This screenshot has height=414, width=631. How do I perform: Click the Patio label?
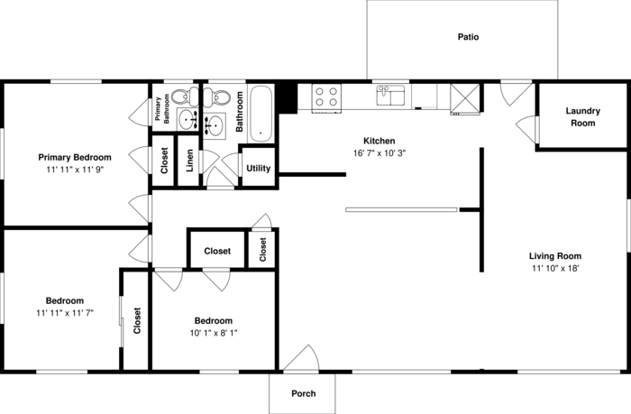tap(468, 37)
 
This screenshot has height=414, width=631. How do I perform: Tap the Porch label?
tap(304, 393)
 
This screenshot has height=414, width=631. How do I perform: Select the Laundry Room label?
tap(582, 116)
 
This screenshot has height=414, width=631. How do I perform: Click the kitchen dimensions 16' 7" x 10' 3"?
tap(380, 153)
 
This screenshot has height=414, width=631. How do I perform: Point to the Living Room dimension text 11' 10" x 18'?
tap(555, 268)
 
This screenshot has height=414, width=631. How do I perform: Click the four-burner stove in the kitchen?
tap(326, 97)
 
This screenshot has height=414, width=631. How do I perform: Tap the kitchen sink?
tap(390, 96)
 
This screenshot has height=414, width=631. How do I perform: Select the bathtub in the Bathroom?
tap(261, 114)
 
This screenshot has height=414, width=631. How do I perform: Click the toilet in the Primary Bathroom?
tap(185, 97)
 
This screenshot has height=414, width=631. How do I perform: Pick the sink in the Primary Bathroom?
tap(187, 120)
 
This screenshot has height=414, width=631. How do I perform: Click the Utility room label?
tap(259, 169)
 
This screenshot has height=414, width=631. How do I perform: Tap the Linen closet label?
tap(189, 161)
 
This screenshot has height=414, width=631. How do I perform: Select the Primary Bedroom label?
tap(75, 158)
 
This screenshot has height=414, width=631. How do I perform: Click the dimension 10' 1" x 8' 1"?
tap(214, 333)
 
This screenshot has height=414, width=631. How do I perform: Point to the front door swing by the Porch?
tap(301, 357)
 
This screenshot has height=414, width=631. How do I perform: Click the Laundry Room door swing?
tap(526, 129)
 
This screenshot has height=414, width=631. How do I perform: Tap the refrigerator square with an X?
tap(465, 98)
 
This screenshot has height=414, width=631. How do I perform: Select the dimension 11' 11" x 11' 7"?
tap(65, 313)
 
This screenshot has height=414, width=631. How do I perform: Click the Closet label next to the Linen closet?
tap(164, 161)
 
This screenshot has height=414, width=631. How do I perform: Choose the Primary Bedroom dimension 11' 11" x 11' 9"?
tap(75, 170)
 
